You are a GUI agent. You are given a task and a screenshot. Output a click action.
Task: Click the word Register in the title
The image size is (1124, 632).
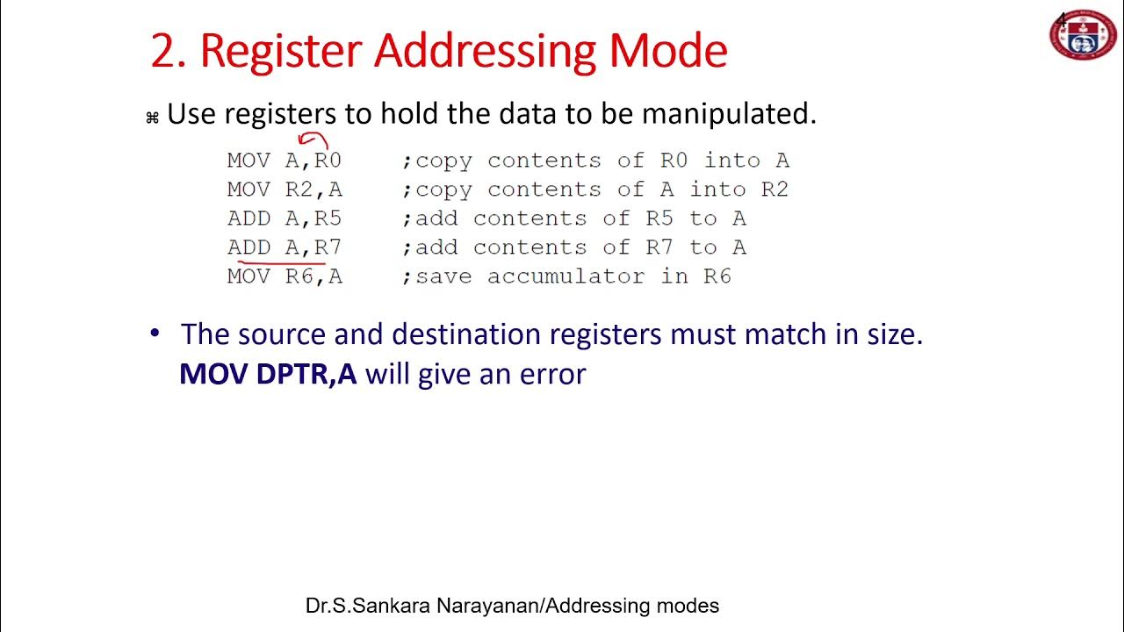tap(282, 52)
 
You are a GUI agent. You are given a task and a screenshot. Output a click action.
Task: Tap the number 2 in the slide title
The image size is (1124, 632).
tap(163, 52)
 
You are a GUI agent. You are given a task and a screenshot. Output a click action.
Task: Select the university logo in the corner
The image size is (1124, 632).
tap(1083, 34)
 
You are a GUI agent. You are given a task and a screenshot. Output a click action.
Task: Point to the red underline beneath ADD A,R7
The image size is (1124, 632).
tap(281, 261)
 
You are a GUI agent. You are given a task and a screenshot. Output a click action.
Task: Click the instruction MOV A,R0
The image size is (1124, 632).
tap(284, 161)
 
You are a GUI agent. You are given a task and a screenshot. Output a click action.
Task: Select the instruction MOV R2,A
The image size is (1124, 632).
tap(284, 190)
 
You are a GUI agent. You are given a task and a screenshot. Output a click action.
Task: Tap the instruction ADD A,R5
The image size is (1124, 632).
tap(284, 219)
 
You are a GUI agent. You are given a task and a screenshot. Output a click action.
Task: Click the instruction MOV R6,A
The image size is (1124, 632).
tap(284, 276)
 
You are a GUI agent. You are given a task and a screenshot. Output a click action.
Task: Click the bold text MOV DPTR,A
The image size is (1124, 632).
tap(268, 374)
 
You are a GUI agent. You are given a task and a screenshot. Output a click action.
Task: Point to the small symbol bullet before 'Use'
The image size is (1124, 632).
tap(152, 118)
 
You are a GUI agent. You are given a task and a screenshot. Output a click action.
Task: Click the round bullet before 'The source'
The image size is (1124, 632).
tap(155, 334)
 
